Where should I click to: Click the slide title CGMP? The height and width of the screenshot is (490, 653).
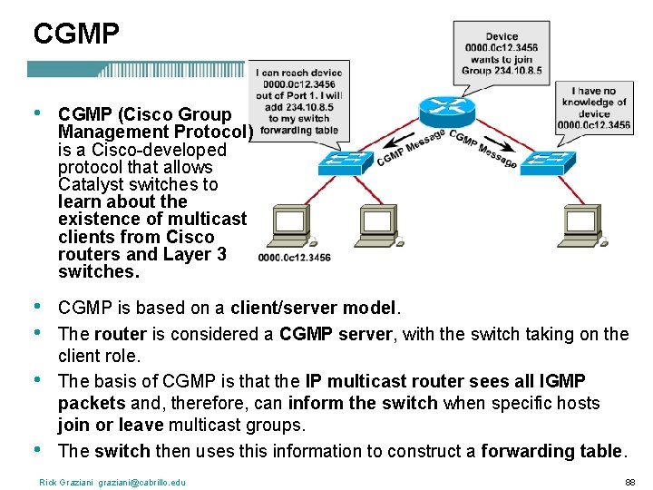(x=76, y=34)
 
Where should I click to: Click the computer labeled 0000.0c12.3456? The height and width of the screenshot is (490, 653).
(x=291, y=227)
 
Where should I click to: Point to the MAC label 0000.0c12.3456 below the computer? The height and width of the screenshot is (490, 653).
(x=294, y=258)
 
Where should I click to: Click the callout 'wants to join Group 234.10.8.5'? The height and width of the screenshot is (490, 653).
(x=502, y=54)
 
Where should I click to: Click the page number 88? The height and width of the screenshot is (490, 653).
(x=629, y=482)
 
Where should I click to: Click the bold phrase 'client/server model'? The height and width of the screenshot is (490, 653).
(x=314, y=308)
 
